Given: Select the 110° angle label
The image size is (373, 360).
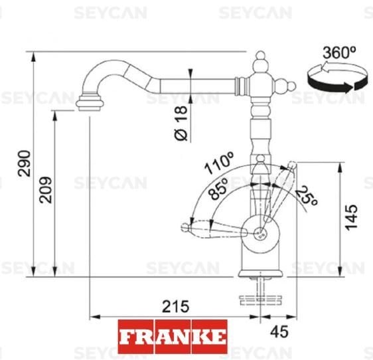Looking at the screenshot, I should tap(220, 162).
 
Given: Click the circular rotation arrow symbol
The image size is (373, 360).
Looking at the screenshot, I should tap(336, 78).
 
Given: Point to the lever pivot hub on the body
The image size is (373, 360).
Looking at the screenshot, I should tap(261, 232).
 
